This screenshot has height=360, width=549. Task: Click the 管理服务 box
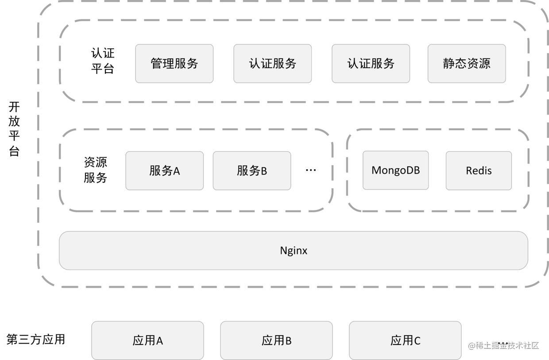click(x=174, y=63)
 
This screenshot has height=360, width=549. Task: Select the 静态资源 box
click(x=466, y=63)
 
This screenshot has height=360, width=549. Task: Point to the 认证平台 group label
click(x=103, y=61)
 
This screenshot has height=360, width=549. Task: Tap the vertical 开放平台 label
click(x=14, y=129)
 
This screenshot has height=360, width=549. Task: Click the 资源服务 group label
click(x=95, y=170)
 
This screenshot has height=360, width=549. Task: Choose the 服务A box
click(x=164, y=170)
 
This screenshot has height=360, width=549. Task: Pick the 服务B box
click(x=251, y=170)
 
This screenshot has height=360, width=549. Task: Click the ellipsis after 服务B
click(x=311, y=170)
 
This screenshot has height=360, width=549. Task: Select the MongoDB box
click(x=395, y=170)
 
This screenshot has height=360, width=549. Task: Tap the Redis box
click(x=478, y=170)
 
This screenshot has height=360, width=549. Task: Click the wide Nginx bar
click(x=293, y=250)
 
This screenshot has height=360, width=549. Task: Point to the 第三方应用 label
click(x=36, y=340)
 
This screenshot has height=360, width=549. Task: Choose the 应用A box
click(x=147, y=340)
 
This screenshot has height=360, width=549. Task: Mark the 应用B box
click(x=276, y=340)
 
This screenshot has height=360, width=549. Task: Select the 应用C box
click(x=405, y=340)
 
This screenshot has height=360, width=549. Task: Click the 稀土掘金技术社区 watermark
click(x=503, y=345)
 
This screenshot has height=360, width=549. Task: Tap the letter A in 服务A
click(x=176, y=171)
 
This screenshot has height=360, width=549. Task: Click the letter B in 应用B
click(x=288, y=341)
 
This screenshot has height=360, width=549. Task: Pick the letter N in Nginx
click(x=284, y=251)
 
